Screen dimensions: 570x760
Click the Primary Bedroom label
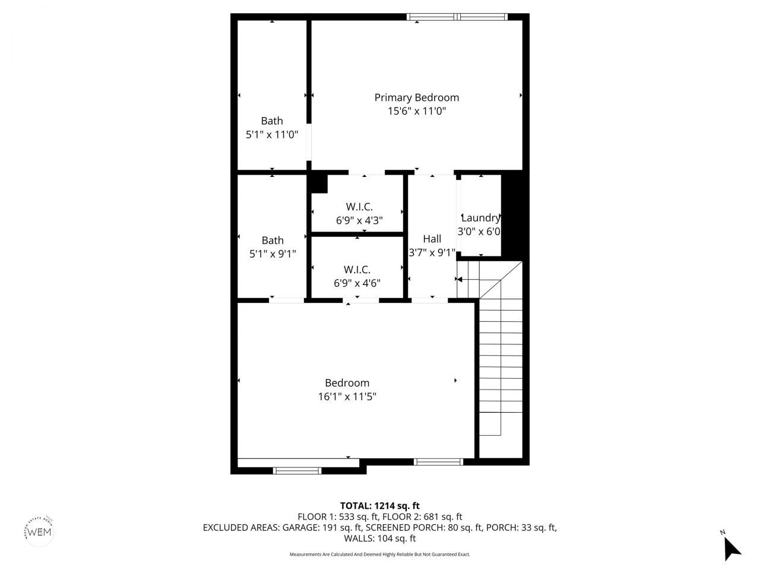point(416,97)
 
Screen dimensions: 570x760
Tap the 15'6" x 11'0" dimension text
point(416,111)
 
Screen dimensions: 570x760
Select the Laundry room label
point(480,218)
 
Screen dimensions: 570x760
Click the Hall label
point(432,239)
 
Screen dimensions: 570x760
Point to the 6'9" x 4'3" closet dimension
point(359,220)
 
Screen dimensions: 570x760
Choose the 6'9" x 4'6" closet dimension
point(357,283)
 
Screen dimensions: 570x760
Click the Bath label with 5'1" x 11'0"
point(272,121)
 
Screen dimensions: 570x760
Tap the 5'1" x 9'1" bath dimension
point(272,254)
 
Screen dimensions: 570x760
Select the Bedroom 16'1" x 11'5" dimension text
point(347,397)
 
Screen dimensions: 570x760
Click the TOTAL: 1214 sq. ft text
point(379,506)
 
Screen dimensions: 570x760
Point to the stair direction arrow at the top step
point(460,279)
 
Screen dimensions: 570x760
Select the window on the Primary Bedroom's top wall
point(457,17)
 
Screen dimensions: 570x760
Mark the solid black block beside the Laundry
point(511,214)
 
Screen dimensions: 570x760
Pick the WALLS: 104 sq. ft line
point(379,539)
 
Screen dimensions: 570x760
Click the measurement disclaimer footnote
point(379,555)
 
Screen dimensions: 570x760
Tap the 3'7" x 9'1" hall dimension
point(432,252)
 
